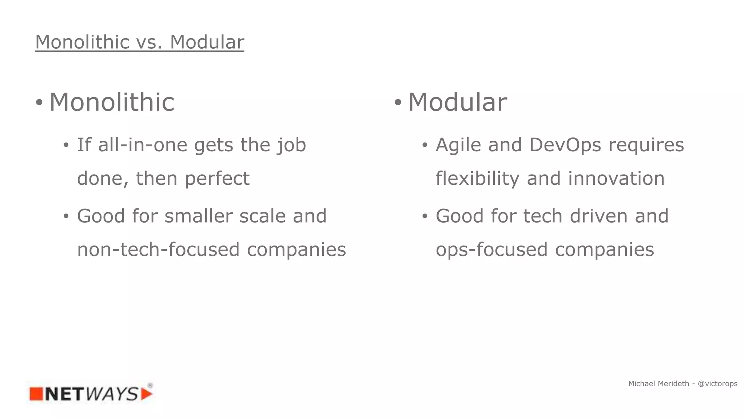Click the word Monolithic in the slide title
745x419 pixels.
(x=82, y=42)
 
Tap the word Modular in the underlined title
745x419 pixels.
(x=207, y=42)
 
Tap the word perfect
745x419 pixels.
(x=217, y=179)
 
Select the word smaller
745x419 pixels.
(x=198, y=216)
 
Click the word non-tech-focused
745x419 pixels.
(x=158, y=250)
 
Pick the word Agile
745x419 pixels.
(x=458, y=145)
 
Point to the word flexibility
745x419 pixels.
(x=478, y=179)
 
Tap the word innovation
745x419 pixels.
(x=616, y=179)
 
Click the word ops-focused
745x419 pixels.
(x=491, y=250)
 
